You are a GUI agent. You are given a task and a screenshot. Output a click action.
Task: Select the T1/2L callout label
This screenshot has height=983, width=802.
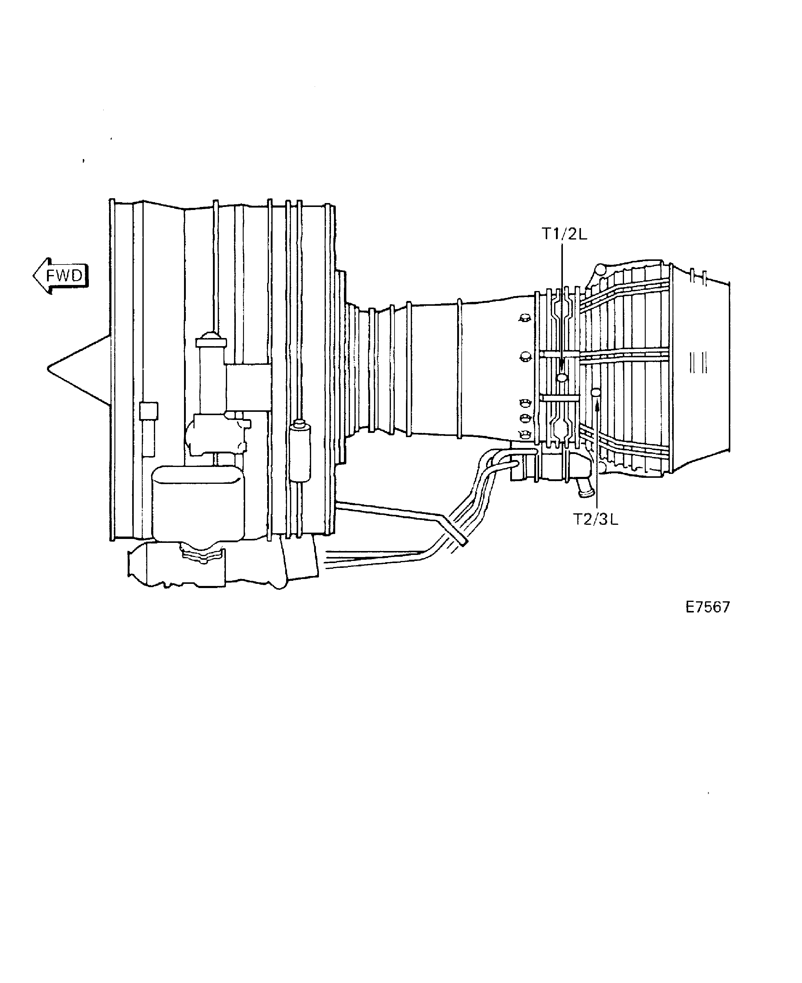[564, 234]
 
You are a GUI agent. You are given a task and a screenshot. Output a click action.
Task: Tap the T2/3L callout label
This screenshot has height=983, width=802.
[595, 519]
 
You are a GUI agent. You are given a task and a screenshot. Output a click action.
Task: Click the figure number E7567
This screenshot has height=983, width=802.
[707, 607]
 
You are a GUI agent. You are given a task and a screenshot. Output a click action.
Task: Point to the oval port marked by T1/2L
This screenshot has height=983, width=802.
[562, 377]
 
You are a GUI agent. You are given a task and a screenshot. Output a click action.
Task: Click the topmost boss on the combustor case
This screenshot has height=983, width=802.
[524, 318]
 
